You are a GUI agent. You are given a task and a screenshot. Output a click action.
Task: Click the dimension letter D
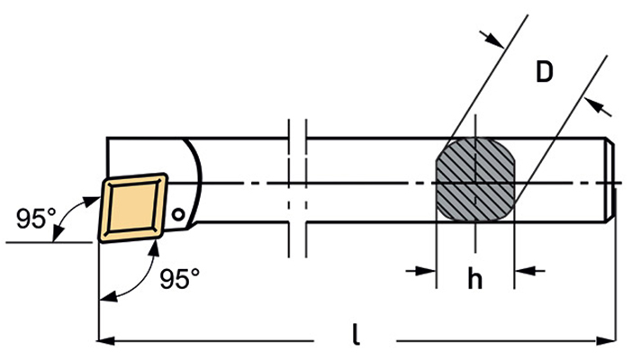point(544,72)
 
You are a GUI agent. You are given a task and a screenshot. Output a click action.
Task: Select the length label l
point(356,335)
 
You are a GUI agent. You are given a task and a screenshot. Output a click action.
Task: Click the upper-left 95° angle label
point(36,219)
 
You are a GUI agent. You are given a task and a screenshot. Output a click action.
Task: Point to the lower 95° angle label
point(180,278)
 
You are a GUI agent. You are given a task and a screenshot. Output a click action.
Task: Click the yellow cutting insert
point(133,208)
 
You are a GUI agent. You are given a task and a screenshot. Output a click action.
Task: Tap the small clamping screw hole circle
point(177,214)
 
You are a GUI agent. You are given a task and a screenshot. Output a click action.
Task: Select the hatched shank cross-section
point(475,179)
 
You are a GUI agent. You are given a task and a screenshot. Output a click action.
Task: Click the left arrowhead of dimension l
point(106,341)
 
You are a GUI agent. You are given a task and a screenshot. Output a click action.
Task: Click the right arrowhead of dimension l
point(608,341)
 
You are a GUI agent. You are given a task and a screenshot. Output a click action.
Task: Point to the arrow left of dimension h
point(420,271)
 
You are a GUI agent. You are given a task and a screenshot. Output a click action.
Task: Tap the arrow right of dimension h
point(529,271)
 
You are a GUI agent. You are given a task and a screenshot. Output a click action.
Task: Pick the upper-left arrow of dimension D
point(492,39)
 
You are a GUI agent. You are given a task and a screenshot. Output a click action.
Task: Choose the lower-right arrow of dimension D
point(598,107)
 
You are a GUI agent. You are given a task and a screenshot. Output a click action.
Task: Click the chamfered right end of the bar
point(611,179)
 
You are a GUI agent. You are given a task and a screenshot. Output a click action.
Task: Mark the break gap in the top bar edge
point(297,138)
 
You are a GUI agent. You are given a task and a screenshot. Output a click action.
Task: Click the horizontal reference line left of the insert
point(50,242)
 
